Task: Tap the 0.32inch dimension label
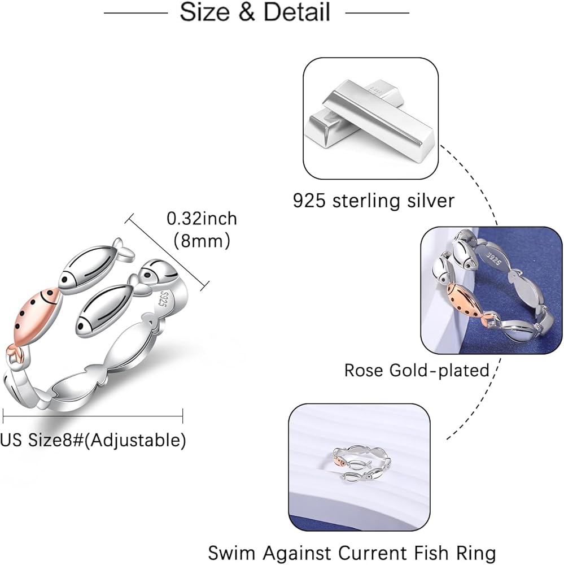[202, 218]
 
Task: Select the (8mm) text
[202, 241]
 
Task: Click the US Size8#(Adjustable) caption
[93, 440]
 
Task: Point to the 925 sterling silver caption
[374, 200]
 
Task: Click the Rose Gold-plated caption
[417, 370]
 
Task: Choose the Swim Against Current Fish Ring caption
[352, 552]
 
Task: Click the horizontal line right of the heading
[377, 12]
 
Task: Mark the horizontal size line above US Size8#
[93, 418]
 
